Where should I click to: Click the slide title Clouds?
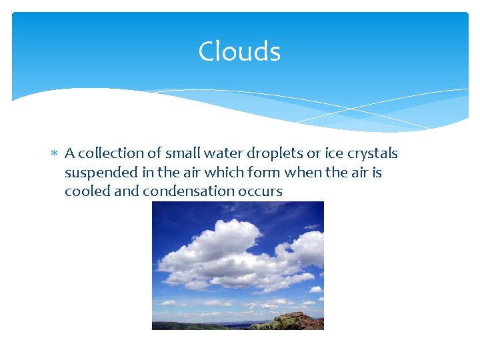click(239, 51)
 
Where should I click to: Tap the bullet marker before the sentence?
click(55, 154)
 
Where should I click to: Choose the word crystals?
click(369, 154)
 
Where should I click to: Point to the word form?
click(268, 173)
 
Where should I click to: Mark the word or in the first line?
click(307, 153)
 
